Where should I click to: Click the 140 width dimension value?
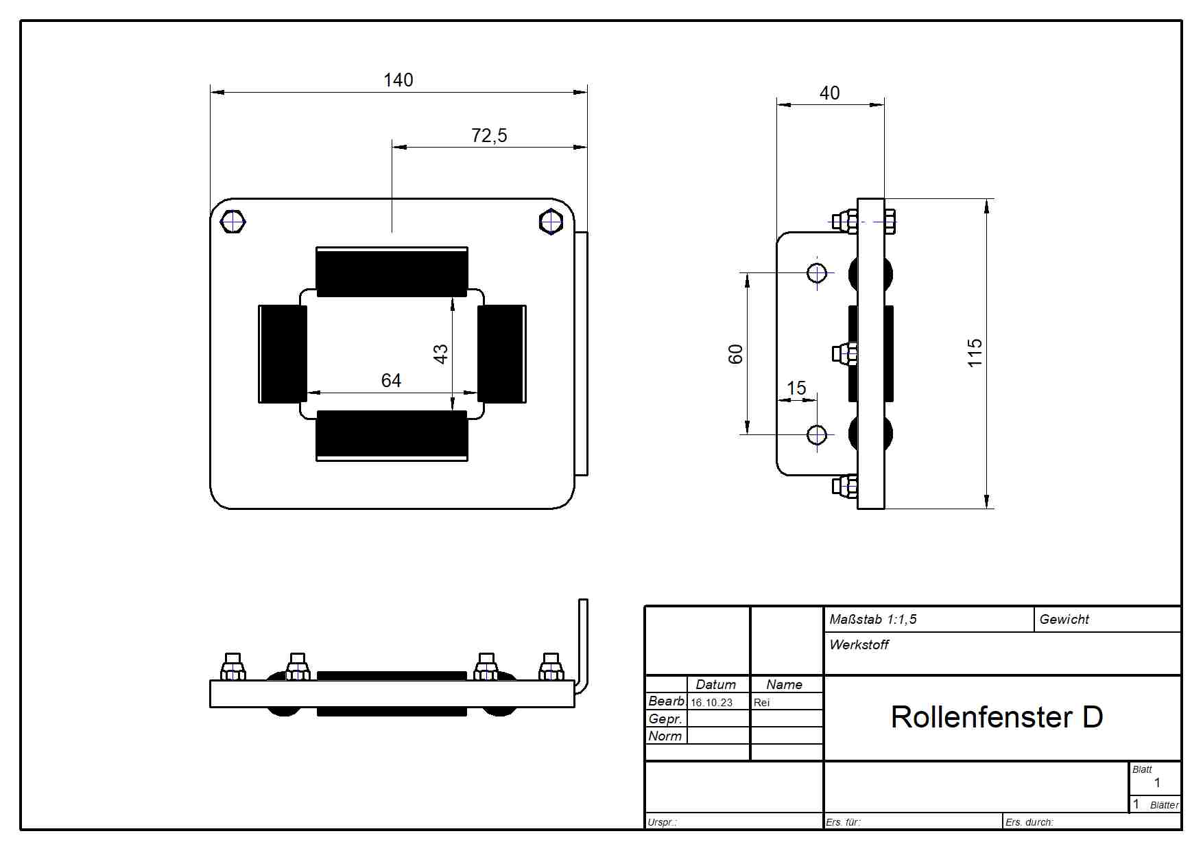pyautogui.click(x=398, y=80)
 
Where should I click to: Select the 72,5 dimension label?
pyautogui.click(x=489, y=136)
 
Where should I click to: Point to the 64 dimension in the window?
pyautogui.click(x=391, y=381)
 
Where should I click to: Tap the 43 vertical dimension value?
pyautogui.click(x=440, y=354)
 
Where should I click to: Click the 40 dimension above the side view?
pyautogui.click(x=830, y=93)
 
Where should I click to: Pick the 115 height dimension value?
pyautogui.click(x=975, y=353)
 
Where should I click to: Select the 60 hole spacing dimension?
pyautogui.click(x=735, y=354)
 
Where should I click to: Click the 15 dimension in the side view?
pyautogui.click(x=796, y=388)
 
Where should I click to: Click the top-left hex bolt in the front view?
pyautogui.click(x=233, y=222)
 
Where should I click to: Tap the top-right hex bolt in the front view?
pyautogui.click(x=551, y=222)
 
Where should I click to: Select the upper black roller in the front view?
pyautogui.click(x=392, y=272)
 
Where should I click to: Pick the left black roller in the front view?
pyautogui.click(x=283, y=354)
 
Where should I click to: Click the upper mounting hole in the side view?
pyautogui.click(x=817, y=273)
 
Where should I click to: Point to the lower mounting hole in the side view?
pyautogui.click(x=817, y=435)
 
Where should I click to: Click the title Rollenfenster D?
pyautogui.click(x=997, y=717)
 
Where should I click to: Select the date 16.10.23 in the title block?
pyautogui.click(x=711, y=703)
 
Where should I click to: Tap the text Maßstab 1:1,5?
pyautogui.click(x=872, y=620)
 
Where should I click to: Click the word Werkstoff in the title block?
pyautogui.click(x=859, y=644)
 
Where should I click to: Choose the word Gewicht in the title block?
pyautogui.click(x=1064, y=620)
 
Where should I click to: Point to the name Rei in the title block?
pyautogui.click(x=761, y=703)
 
